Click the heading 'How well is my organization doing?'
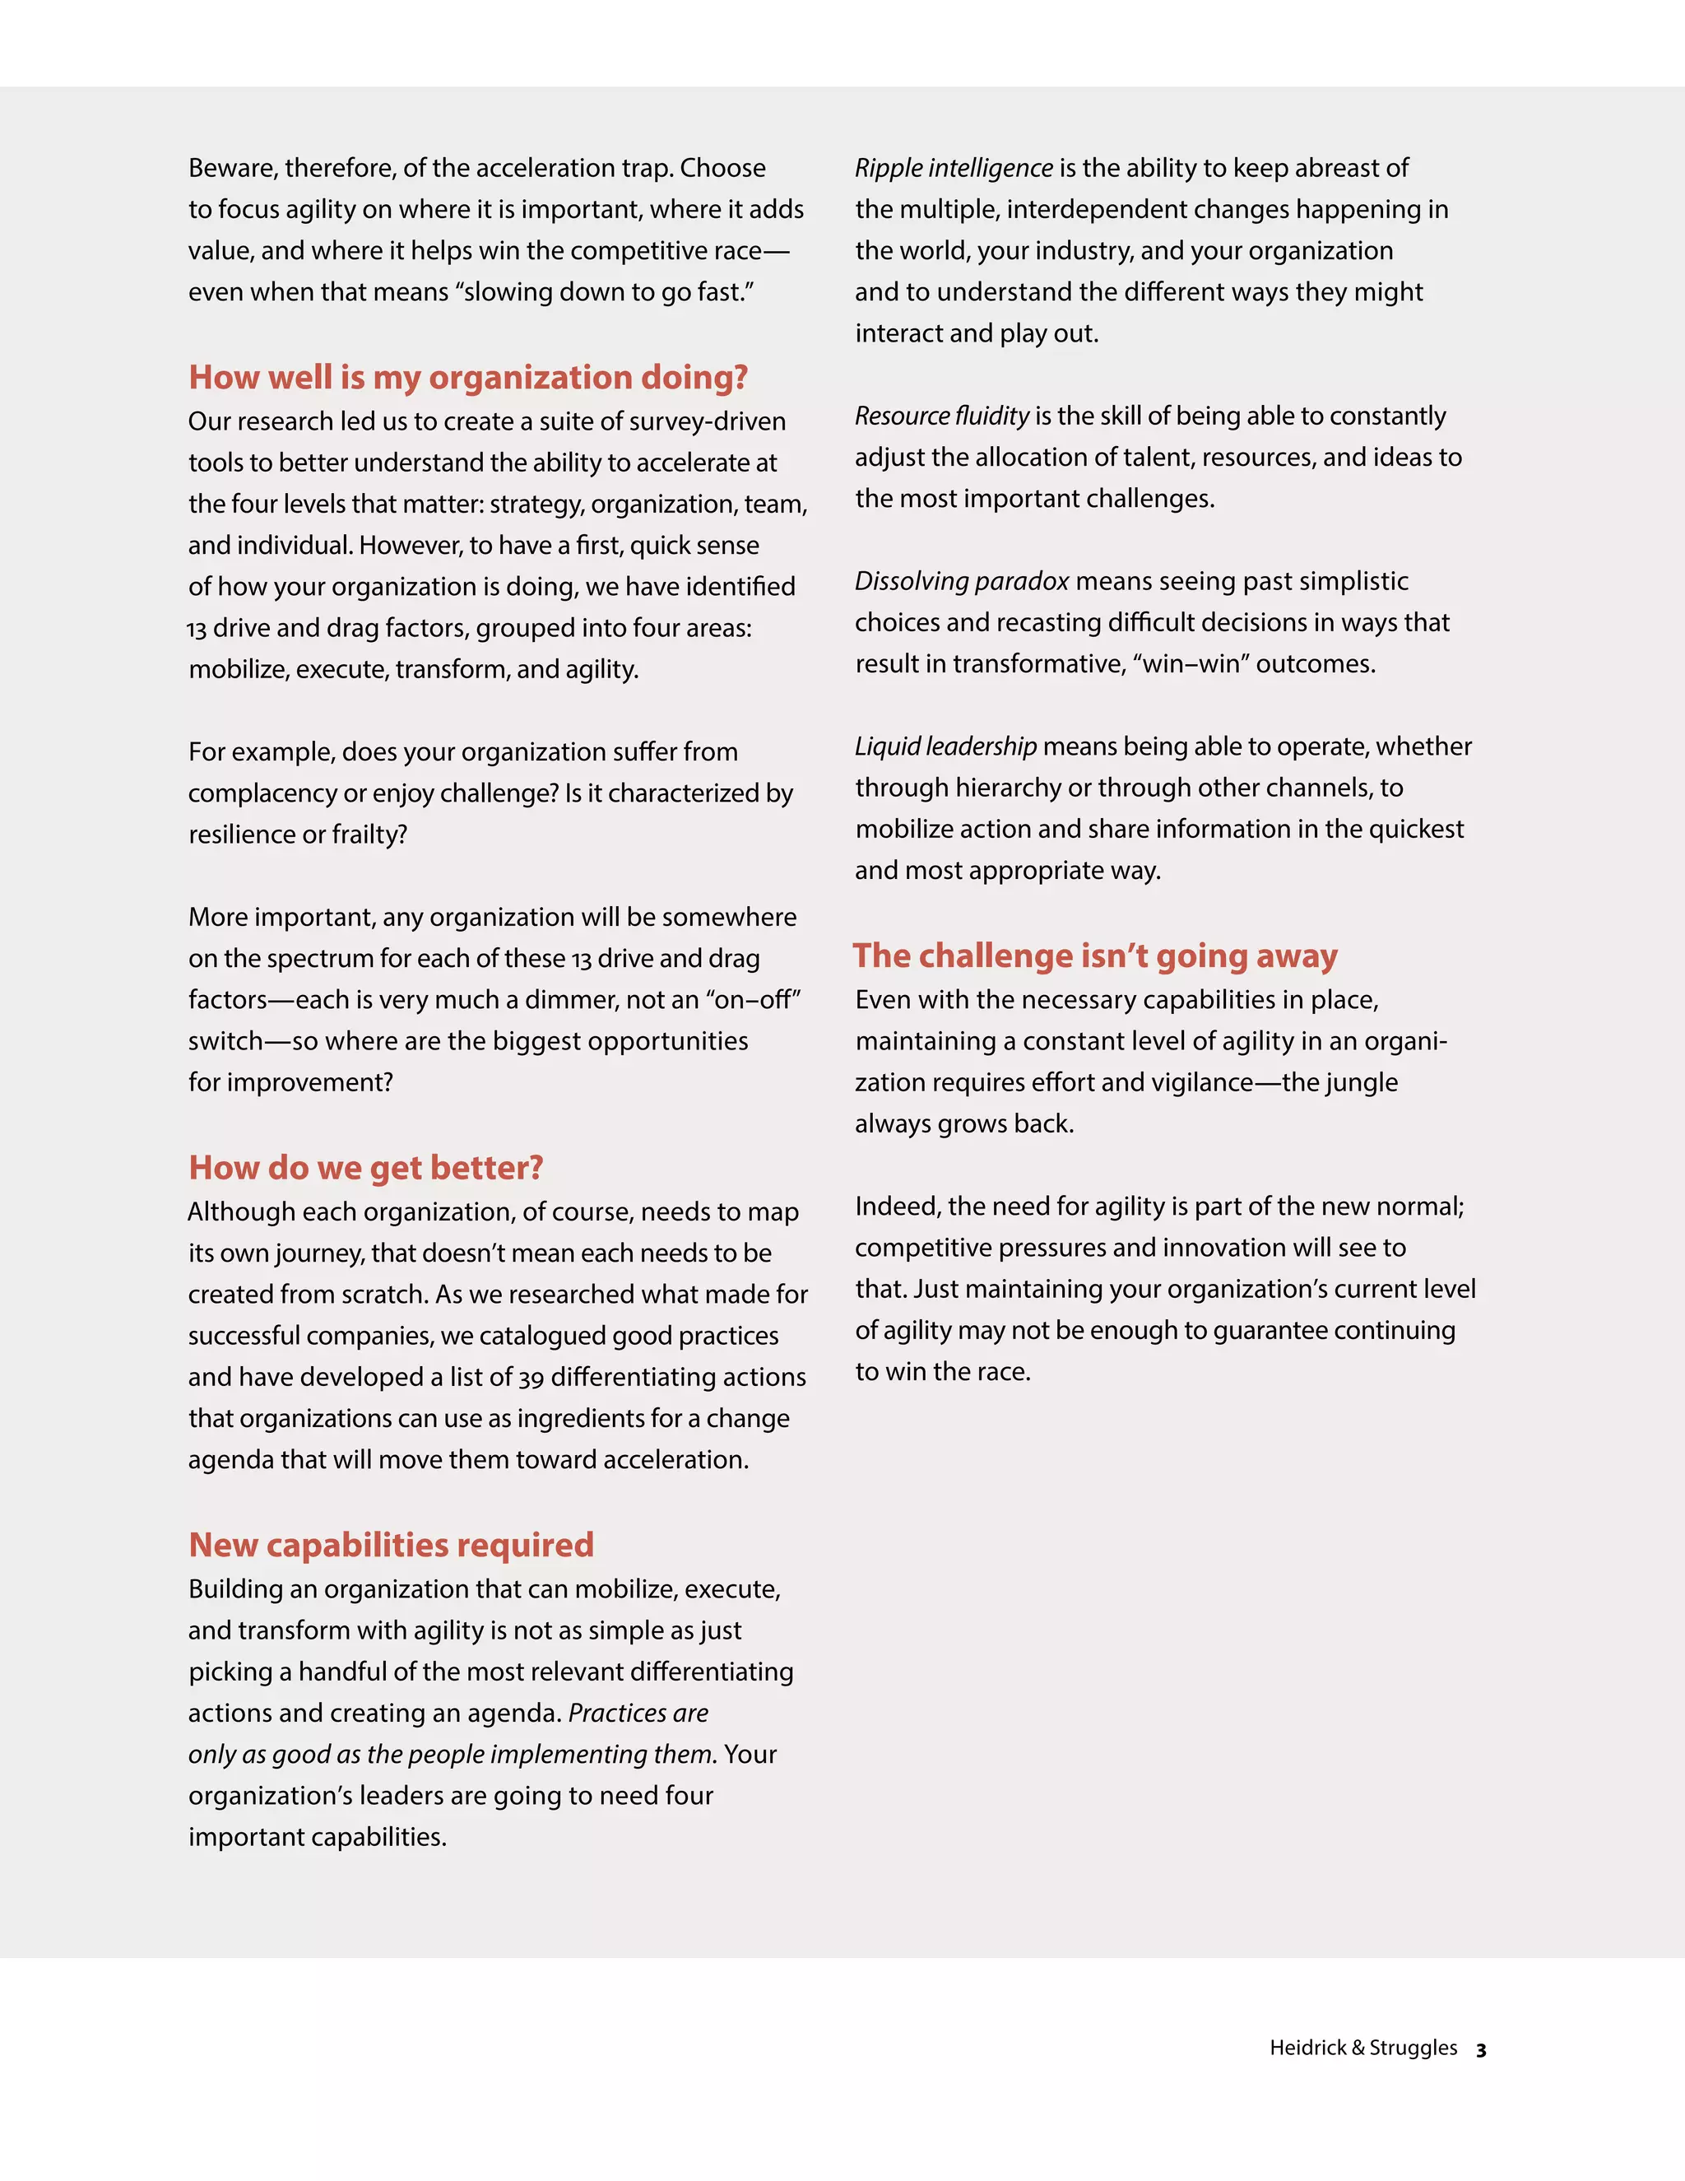coord(468,378)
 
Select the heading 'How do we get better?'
coord(365,1167)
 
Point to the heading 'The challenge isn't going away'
coord(1095,956)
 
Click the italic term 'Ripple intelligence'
coord(954,168)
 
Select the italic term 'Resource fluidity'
coord(941,416)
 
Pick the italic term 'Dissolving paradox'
coord(961,581)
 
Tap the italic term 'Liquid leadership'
coord(945,746)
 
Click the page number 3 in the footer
coord(1481,2049)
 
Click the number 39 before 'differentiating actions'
coord(531,1378)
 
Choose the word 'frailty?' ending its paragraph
coord(369,835)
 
